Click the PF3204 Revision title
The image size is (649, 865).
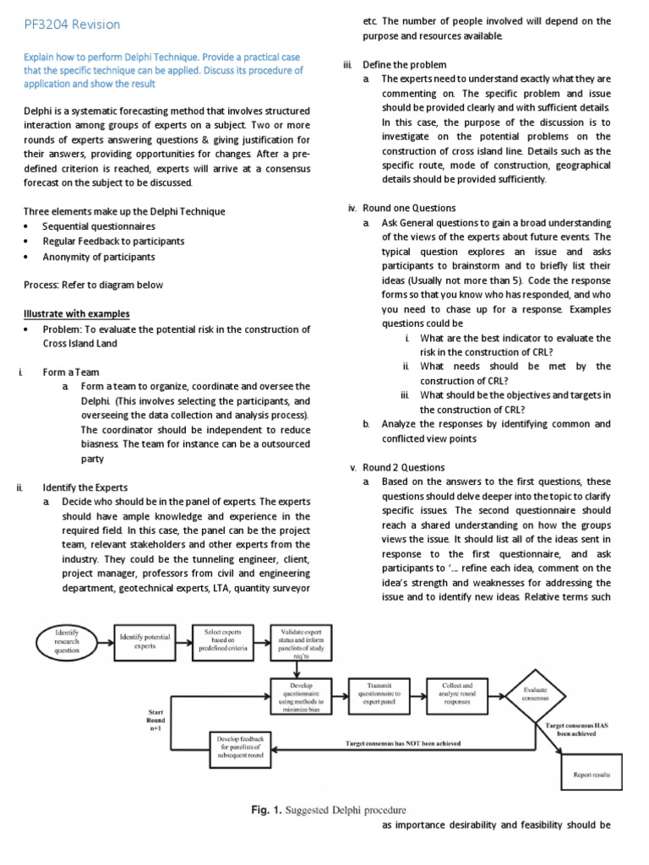[x=72, y=24]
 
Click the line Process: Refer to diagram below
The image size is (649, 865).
[x=93, y=285]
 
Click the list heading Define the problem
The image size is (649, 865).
[x=405, y=64]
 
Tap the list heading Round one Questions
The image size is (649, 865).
[x=409, y=208]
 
